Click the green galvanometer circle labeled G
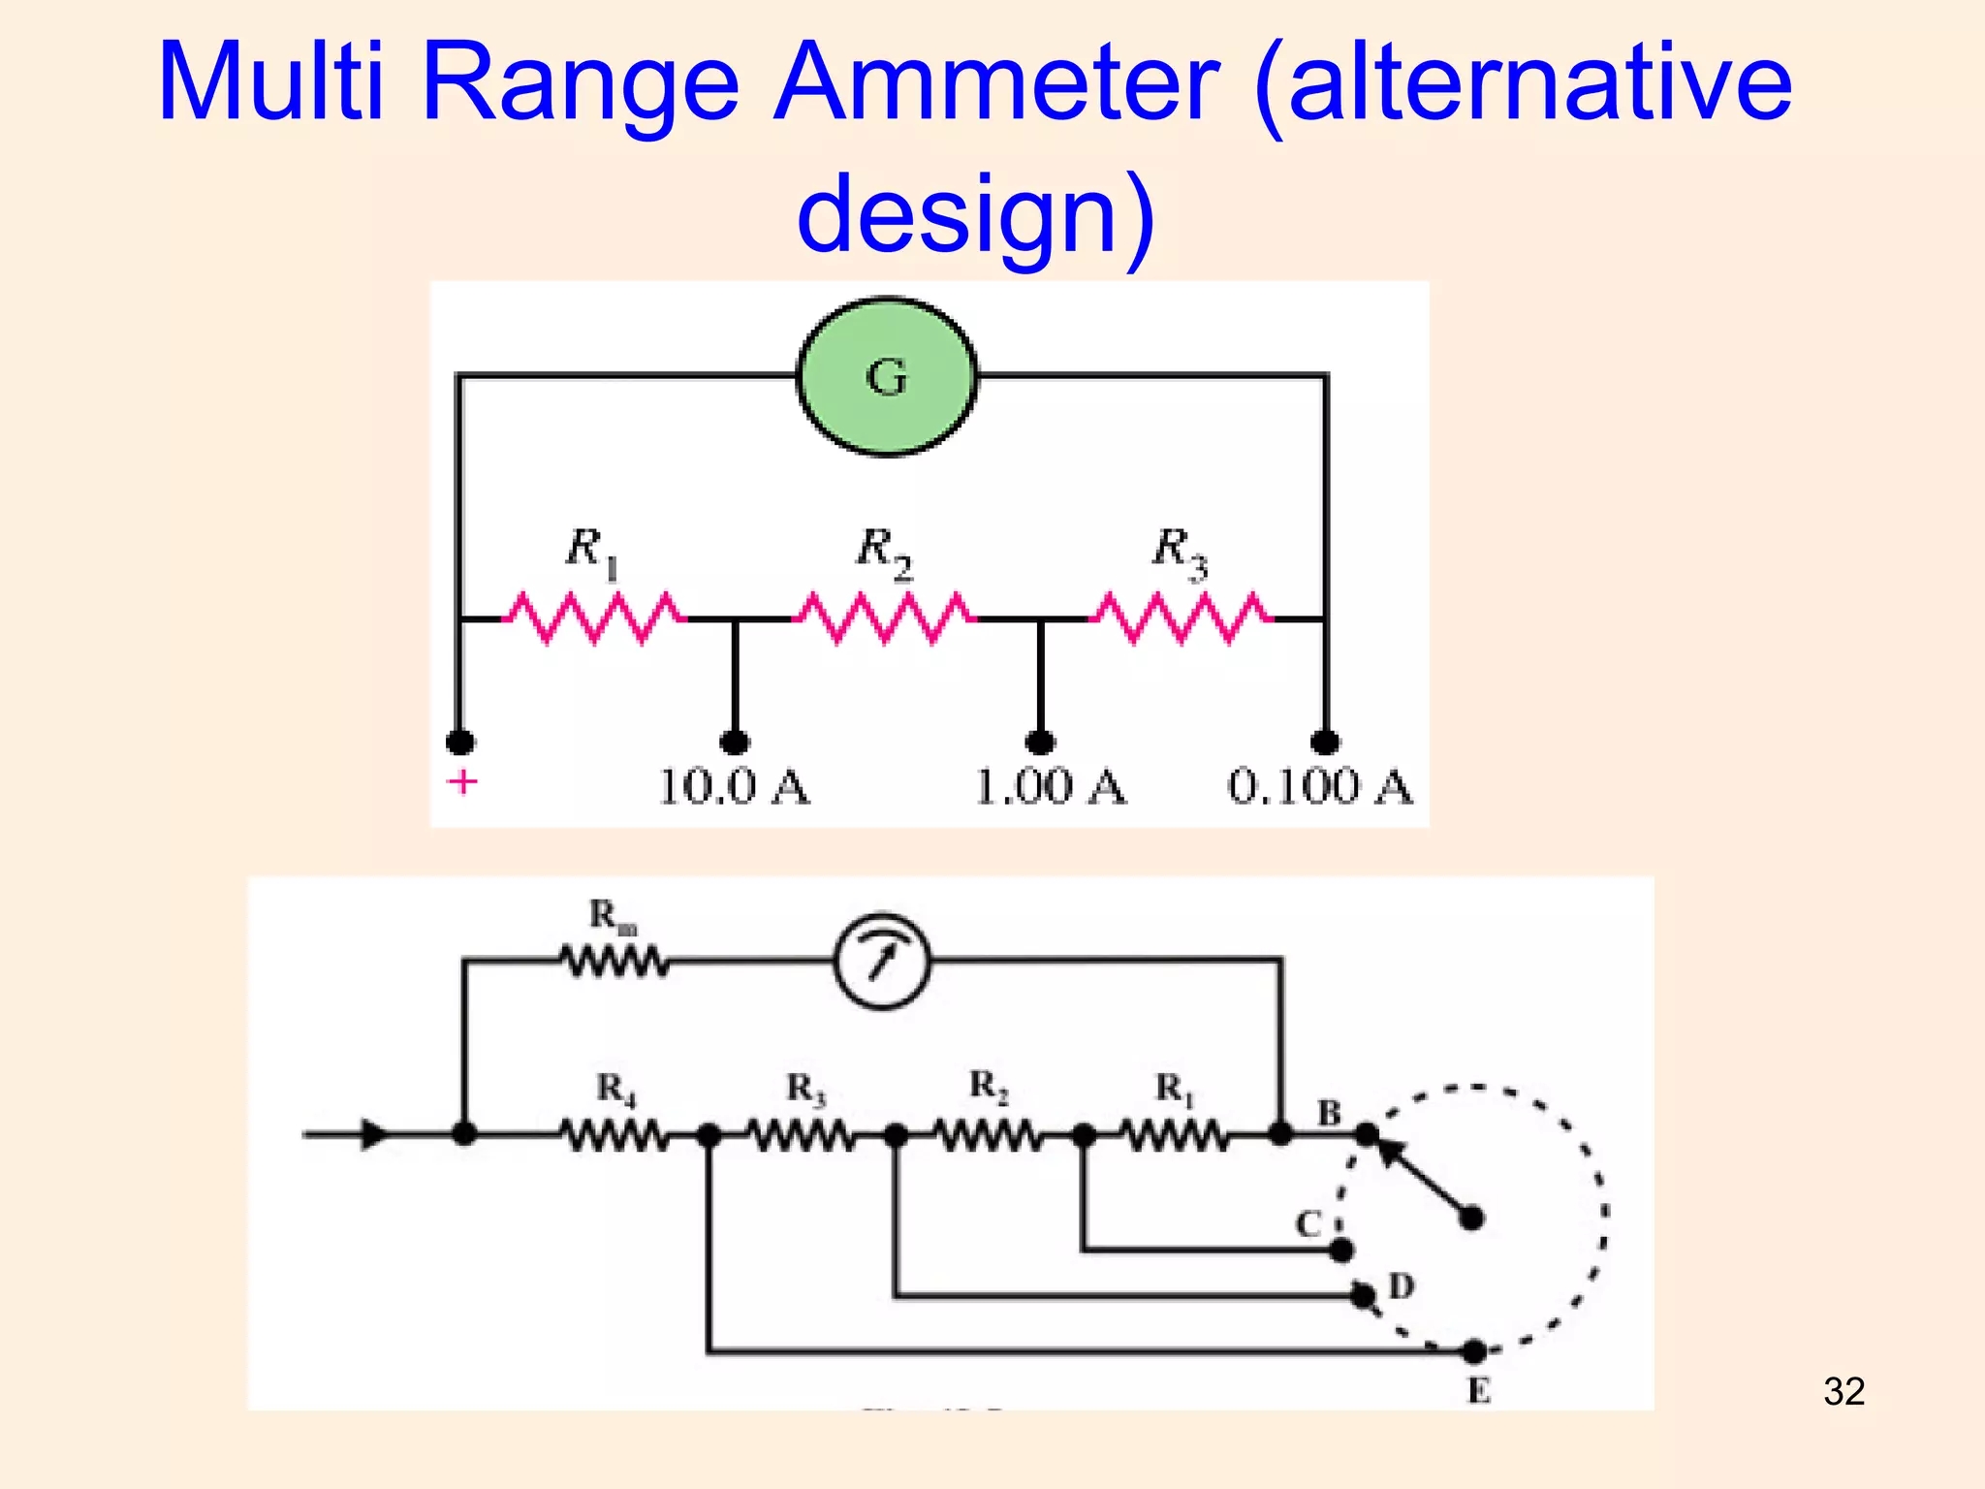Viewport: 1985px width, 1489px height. pos(887,376)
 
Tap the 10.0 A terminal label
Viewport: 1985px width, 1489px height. pos(734,786)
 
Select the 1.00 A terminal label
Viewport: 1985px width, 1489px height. pos(1050,786)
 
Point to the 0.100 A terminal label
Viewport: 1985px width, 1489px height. pos(1320,786)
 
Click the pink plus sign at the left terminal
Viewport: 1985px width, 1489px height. pos(462,781)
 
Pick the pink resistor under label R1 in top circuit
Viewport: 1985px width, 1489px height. pos(593,618)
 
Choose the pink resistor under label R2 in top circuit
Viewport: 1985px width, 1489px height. pos(884,618)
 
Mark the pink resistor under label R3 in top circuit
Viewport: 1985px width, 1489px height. pos(1181,618)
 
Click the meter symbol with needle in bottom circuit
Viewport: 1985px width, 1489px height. pos(882,961)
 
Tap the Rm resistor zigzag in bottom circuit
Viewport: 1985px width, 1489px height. pos(614,962)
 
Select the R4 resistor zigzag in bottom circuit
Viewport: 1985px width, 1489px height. pos(614,1134)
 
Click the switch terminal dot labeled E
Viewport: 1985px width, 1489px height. pos(1474,1350)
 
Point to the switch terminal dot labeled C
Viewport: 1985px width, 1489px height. pos(1341,1251)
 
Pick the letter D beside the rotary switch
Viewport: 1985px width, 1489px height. pos(1402,1286)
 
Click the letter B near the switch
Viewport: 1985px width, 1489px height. pos(1329,1113)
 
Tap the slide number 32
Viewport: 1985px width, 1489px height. pos(1843,1391)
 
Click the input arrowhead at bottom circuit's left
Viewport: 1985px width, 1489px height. pos(374,1134)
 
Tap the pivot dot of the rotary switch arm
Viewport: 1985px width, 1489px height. pos(1471,1218)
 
